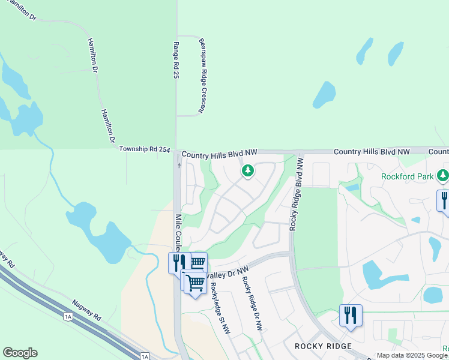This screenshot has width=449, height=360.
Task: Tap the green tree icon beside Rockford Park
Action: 443,175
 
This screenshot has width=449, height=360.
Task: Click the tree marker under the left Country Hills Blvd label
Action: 247,172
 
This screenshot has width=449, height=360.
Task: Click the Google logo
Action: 20,353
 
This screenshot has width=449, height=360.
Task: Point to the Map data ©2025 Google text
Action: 412,355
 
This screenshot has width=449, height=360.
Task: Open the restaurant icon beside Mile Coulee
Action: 178,262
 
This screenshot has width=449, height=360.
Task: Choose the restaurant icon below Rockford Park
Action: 444,199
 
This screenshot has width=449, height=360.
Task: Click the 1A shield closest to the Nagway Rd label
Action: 68,316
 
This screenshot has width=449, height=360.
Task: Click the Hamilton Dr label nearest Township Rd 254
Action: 107,127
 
